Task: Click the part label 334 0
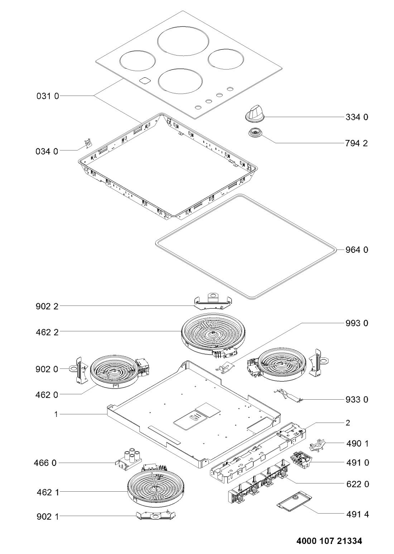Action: point(357,117)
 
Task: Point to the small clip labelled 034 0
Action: point(86,144)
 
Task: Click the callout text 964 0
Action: point(357,250)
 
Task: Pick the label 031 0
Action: point(47,96)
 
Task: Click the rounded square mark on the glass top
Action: point(144,81)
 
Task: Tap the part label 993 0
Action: point(357,323)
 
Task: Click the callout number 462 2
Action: point(47,332)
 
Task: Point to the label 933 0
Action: point(357,400)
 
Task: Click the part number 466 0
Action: point(47,463)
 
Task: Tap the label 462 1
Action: point(47,492)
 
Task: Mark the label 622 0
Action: point(357,484)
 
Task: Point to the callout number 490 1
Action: point(357,443)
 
